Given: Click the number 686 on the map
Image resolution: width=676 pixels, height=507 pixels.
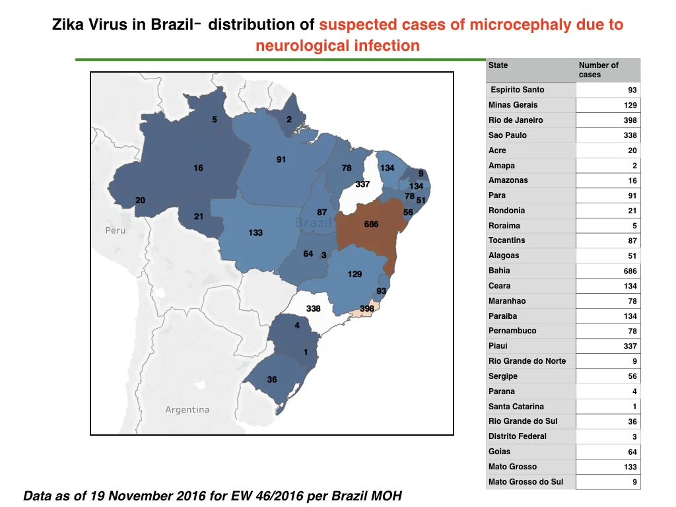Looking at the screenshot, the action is click(x=371, y=224).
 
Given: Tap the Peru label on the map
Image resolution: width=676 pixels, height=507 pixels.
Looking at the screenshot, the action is click(x=116, y=230).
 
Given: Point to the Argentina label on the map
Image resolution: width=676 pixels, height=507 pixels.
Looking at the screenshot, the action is click(x=187, y=409).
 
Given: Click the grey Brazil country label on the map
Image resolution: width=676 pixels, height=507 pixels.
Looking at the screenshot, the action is click(x=314, y=222).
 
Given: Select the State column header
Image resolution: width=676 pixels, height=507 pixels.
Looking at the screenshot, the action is click(x=498, y=65).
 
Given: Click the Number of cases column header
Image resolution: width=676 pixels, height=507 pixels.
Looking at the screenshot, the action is click(x=598, y=70).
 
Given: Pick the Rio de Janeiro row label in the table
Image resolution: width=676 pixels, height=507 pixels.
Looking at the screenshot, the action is click(x=516, y=120).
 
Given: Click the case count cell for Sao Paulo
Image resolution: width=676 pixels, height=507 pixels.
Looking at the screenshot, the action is click(x=608, y=135).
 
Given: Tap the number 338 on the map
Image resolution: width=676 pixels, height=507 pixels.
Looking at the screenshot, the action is click(x=314, y=309).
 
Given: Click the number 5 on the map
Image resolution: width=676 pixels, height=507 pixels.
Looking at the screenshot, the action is click(x=215, y=119).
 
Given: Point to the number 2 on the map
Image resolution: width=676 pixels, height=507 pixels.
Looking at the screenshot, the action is click(x=289, y=119).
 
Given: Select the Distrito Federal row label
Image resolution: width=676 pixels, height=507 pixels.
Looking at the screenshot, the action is click(x=518, y=436).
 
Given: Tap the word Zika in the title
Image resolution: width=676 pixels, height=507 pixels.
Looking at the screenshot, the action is click(x=68, y=24).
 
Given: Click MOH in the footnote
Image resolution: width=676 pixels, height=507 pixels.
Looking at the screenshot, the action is click(x=385, y=496).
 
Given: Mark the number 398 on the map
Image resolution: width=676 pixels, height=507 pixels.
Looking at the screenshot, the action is click(x=367, y=309).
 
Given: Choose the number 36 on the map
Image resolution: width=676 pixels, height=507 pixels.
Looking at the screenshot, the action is click(x=272, y=380).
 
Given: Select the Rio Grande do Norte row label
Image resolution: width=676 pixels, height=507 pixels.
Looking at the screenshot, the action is click(x=527, y=361).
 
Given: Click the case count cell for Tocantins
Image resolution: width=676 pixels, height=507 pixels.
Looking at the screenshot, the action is click(x=608, y=240).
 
